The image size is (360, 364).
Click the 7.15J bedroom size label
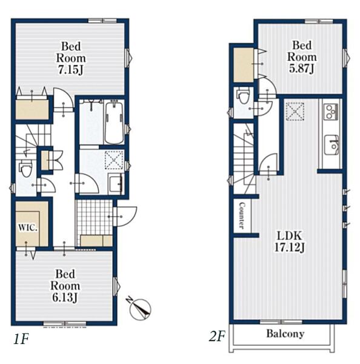[71, 58]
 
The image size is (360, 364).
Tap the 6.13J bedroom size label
[65, 286]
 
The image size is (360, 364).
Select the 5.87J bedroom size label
[302, 57]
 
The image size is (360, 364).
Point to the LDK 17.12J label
[290, 241]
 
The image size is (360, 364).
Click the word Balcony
[285, 334]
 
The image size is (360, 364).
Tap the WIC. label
[28, 227]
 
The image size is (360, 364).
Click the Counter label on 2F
[242, 215]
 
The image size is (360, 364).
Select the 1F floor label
[21, 339]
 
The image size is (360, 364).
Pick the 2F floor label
[217, 336]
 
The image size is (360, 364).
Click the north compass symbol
[139, 308]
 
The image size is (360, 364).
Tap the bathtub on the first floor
[114, 123]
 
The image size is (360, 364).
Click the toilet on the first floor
[25, 168]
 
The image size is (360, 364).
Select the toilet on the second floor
[243, 95]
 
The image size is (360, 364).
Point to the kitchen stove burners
[331, 112]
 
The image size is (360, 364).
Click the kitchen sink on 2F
[332, 145]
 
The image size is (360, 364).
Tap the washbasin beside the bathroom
[116, 185]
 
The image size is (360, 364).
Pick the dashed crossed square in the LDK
[295, 112]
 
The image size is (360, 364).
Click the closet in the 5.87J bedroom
[243, 65]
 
